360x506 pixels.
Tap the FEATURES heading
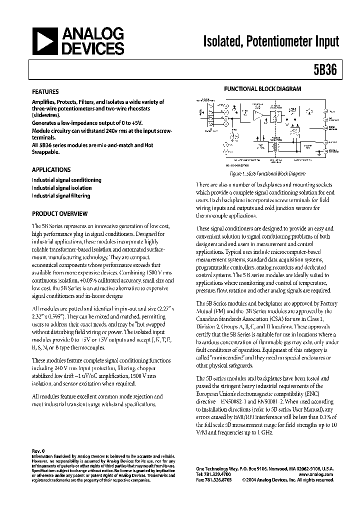pyautogui.click(x=45, y=92)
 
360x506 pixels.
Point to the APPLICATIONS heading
pyautogui.click(x=51, y=169)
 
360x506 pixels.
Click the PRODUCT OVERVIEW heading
pyautogui.click(x=59, y=213)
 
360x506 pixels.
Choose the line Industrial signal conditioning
pyautogui.click(x=66, y=180)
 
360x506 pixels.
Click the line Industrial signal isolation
pyautogui.click(x=62, y=188)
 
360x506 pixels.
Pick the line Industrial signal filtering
pyautogui.click(x=61, y=196)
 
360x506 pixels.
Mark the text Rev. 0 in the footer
pyautogui.click(x=38, y=451)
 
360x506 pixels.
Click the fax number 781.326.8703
pyautogui.click(x=219, y=479)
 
